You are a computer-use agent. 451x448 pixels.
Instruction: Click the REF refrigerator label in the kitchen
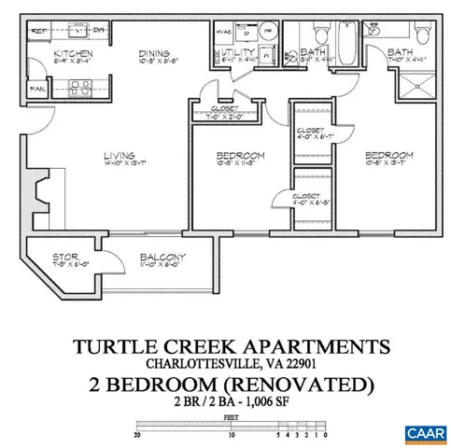[40, 31]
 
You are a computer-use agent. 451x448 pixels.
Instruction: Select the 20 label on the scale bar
[137, 431]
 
